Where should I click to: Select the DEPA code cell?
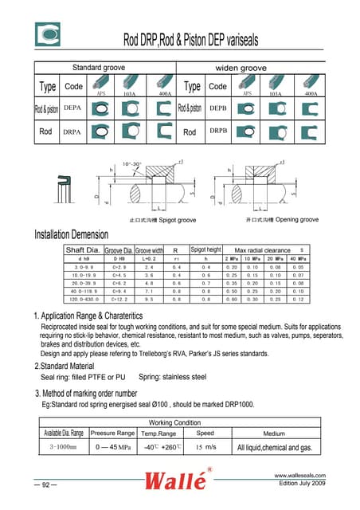tap(72, 107)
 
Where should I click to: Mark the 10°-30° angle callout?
tap(131, 163)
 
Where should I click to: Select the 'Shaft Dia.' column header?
tap(83, 250)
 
